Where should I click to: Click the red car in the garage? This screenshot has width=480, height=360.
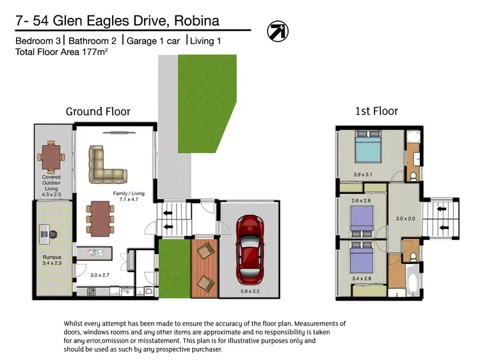250,249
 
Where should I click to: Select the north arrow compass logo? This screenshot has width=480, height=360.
277,31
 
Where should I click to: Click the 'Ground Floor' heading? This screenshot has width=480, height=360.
98,112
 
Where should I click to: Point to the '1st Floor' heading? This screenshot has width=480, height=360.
376,111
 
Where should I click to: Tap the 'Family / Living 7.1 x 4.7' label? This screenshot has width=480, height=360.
129,196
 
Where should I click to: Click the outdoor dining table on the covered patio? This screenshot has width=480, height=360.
51,154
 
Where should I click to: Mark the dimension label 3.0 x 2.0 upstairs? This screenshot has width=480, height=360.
406,219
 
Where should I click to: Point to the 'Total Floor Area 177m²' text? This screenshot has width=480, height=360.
61,52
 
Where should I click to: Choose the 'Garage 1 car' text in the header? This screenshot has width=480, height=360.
153,41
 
